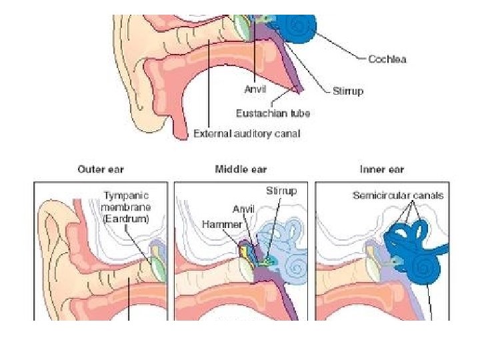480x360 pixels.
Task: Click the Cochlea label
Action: coord(387,59)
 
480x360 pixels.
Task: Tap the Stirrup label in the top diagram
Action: coord(348,91)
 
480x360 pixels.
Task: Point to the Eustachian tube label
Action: coord(273,113)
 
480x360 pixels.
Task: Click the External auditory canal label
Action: coord(247,133)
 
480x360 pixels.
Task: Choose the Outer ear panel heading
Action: coord(100,169)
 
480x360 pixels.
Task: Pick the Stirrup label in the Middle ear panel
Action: coord(281,191)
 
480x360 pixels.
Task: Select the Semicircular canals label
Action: coord(397,195)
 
